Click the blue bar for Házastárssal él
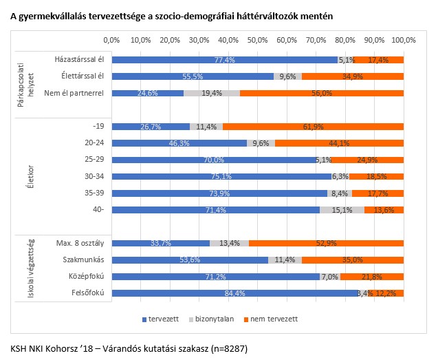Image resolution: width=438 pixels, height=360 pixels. [224, 60]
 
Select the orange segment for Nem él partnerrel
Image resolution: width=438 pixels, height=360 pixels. [322, 93]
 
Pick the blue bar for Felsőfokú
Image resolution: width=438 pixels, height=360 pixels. [234, 293]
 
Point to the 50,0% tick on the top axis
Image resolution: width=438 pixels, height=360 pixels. [257, 40]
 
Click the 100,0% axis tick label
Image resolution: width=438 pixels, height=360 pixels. [404, 40]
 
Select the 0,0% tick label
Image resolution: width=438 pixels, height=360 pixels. [111, 40]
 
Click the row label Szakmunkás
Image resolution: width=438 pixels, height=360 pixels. [83, 260]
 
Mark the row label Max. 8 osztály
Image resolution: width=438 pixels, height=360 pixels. [78, 243]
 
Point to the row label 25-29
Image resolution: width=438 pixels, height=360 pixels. [92, 160]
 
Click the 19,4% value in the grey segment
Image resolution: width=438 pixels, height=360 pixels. [211, 93]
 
